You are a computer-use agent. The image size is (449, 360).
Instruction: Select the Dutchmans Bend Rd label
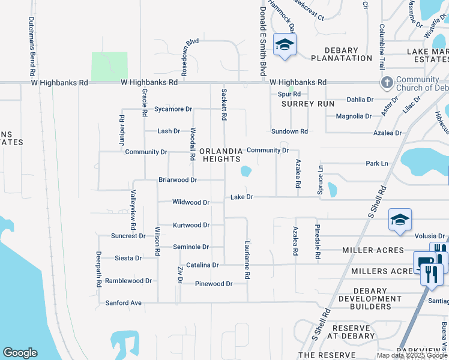31,42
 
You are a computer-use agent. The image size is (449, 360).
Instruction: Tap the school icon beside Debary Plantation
285,45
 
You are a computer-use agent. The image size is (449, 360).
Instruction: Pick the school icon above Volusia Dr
399,220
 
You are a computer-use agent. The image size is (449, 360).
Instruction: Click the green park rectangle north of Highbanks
109,65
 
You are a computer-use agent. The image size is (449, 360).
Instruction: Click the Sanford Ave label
123,303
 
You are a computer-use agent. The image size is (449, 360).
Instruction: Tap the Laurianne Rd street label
247,260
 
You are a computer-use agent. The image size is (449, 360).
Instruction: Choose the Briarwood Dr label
178,179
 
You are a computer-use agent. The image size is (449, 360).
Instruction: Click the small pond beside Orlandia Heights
246,172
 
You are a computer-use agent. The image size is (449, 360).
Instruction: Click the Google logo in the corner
20,353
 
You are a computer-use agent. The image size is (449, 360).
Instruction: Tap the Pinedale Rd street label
318,242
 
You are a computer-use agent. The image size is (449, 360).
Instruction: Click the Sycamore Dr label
173,109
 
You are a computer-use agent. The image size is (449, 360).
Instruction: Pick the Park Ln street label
377,163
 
